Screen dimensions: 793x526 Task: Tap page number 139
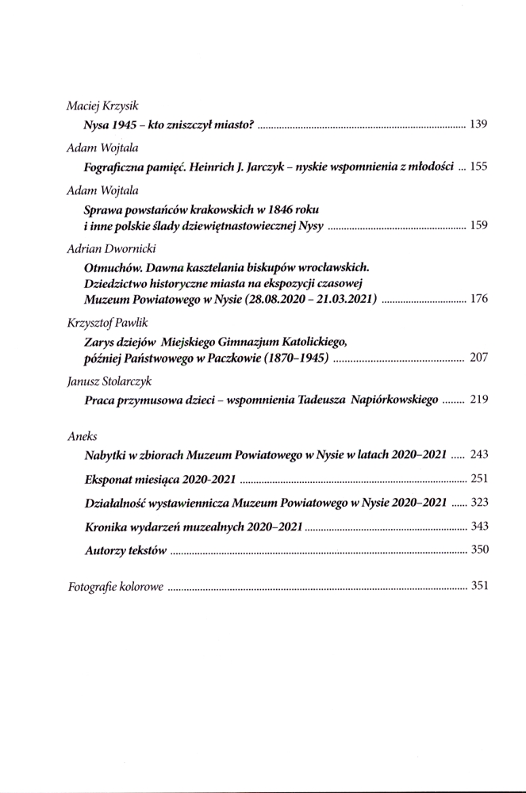478,125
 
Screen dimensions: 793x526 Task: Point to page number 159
478,227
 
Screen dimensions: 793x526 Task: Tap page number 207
478,358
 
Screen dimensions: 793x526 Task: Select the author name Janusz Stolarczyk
106,381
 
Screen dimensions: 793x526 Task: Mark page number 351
478,588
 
